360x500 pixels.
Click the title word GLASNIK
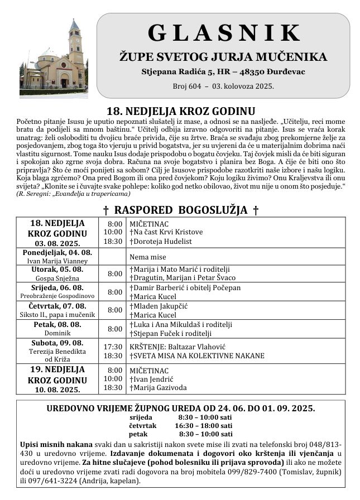[x=223, y=33]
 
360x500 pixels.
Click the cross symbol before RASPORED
[x=106, y=210]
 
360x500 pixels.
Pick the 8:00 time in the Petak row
[x=114, y=329]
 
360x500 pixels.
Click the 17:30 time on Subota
[x=113, y=347]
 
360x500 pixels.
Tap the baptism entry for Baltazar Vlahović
[x=179, y=347]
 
